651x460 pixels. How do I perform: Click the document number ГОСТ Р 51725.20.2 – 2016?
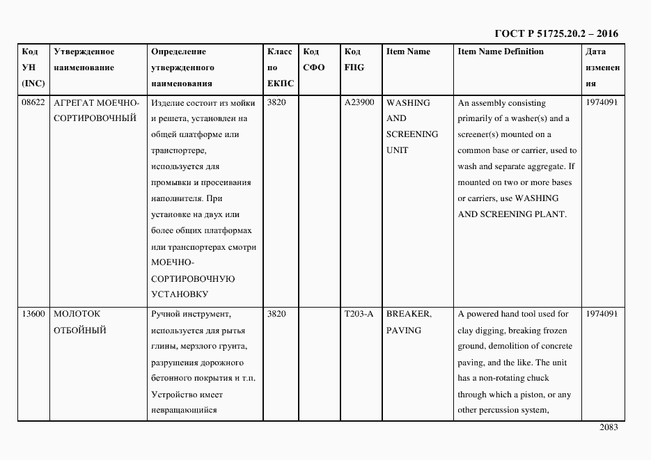[x=556, y=33]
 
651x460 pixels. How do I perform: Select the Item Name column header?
[x=408, y=51]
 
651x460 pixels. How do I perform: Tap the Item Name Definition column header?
[x=501, y=51]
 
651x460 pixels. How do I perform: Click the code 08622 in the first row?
[x=33, y=102]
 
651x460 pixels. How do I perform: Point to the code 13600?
[x=33, y=314]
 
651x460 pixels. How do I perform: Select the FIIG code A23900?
[x=359, y=102]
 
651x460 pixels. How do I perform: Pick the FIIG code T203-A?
[x=359, y=314]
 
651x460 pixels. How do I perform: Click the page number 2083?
[x=609, y=427]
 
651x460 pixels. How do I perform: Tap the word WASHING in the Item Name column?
[x=408, y=102]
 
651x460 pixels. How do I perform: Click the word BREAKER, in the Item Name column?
[x=409, y=314]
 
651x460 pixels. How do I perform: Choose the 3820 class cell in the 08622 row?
[x=276, y=102]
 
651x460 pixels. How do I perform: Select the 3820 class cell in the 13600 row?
[x=276, y=314]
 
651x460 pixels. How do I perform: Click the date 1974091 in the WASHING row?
[x=602, y=102]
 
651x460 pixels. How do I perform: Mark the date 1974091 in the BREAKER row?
[x=602, y=314]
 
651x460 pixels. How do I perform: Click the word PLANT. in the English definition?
[x=551, y=214]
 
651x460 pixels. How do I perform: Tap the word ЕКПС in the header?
[x=281, y=84]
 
